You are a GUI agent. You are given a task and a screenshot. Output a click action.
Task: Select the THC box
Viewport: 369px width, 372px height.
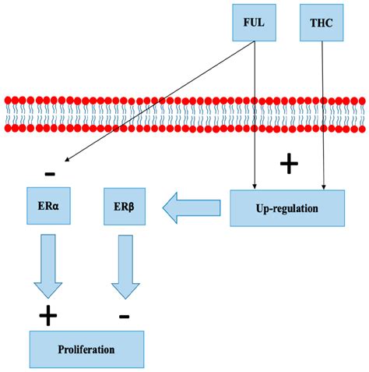[x=321, y=23]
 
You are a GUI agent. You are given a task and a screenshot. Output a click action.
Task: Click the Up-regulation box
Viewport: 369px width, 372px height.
[x=286, y=208]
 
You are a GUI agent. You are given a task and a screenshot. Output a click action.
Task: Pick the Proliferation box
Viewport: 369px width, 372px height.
[x=86, y=349]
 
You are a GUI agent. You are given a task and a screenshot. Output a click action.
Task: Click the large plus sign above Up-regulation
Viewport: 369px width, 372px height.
[x=289, y=163]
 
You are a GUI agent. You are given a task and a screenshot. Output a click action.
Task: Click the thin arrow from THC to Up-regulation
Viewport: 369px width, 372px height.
[x=322, y=117]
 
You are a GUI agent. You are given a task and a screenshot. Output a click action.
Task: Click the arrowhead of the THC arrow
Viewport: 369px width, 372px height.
[x=322, y=186]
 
